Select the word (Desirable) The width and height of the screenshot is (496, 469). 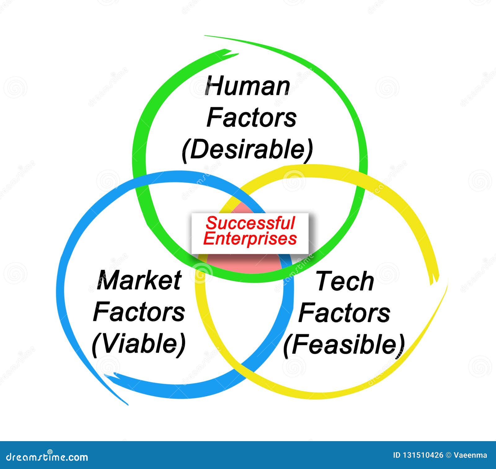click(247, 150)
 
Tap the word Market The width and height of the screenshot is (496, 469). click(139, 280)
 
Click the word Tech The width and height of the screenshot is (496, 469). click(344, 281)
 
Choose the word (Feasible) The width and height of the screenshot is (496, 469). click(344, 344)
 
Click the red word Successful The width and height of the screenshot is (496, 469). click(250, 223)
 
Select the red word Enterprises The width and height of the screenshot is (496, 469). click(250, 239)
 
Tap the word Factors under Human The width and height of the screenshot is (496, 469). click(251, 118)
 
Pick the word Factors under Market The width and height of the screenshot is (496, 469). click(139, 312)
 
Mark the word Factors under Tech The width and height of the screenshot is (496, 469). click(344, 313)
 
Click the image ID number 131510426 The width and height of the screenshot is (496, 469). click(422, 455)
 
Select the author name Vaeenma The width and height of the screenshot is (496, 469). click(470, 455)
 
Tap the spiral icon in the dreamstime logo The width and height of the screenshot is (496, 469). click(50, 452)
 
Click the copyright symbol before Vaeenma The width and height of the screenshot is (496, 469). click(448, 455)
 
